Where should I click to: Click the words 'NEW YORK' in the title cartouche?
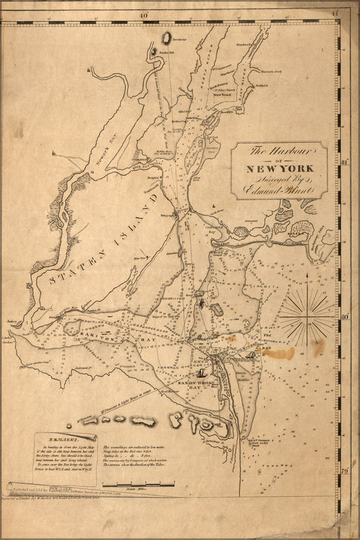coord(281,168)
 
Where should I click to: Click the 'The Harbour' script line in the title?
coord(279,150)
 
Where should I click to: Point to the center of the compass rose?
coord(308,317)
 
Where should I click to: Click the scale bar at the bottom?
coord(138,484)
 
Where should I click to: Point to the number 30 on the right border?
coord(345,317)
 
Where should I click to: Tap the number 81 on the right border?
coord(345,163)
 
